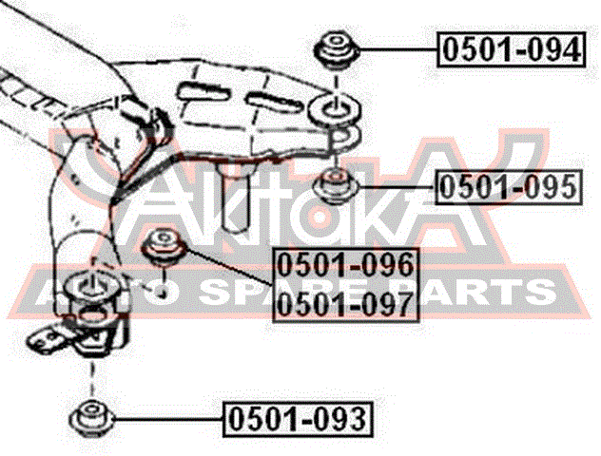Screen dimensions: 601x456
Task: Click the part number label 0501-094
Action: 512,50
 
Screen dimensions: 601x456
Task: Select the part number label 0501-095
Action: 509,187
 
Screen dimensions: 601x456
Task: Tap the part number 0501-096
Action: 346,265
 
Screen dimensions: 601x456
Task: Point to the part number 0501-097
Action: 346,303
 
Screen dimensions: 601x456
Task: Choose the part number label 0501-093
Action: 298,419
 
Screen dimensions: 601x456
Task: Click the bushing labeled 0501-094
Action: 336,51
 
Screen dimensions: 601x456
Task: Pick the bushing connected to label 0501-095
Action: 336,186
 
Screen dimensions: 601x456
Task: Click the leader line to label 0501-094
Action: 397,49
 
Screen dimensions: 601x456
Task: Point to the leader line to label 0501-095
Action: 397,187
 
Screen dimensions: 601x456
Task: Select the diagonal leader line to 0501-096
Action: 229,267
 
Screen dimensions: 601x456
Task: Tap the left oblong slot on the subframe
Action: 204,92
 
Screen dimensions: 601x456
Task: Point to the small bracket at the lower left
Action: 48,337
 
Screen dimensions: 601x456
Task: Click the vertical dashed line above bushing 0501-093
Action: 91,378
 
